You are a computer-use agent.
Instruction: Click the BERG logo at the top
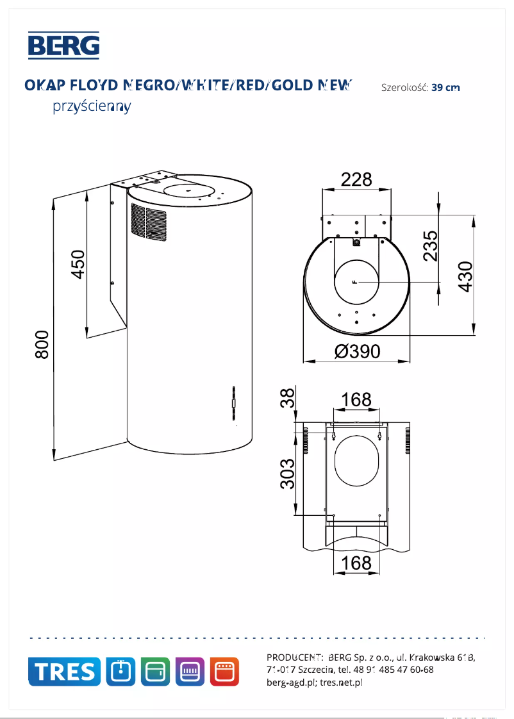click(x=63, y=45)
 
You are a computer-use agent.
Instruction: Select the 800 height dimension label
click(x=42, y=344)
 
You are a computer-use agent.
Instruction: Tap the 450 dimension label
click(x=78, y=263)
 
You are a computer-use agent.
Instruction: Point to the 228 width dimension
click(x=356, y=179)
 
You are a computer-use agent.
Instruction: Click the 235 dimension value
click(x=431, y=245)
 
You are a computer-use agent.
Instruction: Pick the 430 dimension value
click(x=465, y=276)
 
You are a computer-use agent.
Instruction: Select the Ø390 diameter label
click(x=357, y=352)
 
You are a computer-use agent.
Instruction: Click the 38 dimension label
click(x=288, y=398)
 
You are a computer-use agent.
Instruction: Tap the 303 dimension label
click(x=288, y=474)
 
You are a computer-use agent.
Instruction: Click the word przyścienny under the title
click(x=92, y=106)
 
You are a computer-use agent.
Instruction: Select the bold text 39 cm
click(x=445, y=88)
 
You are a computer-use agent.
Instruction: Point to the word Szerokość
click(x=404, y=88)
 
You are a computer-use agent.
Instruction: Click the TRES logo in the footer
click(x=64, y=672)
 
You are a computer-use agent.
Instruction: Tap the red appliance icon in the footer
click(x=224, y=672)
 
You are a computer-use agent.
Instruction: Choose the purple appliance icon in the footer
click(x=190, y=672)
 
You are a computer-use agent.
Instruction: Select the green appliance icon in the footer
click(x=155, y=672)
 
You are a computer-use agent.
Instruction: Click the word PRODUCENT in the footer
click(x=294, y=657)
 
